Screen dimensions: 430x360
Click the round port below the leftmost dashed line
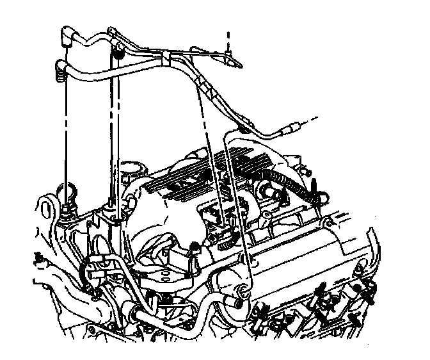click(66, 193)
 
